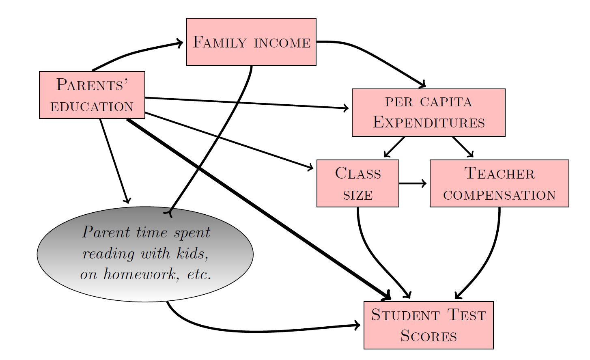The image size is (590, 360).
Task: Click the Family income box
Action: point(251,42)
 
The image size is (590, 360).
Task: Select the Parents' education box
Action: point(92,95)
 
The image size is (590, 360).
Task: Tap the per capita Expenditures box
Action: point(429,112)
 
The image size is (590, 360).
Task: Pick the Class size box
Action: point(358,183)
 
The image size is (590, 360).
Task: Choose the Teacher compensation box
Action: point(499,183)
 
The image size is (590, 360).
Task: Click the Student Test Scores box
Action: point(429,325)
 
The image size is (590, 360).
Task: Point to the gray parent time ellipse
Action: point(145,254)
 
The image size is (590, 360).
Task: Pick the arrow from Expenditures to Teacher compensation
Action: point(463,147)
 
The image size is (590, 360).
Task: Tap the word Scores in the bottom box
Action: point(429,336)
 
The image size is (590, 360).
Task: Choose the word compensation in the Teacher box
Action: point(499,195)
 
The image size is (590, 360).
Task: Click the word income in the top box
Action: point(282,43)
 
